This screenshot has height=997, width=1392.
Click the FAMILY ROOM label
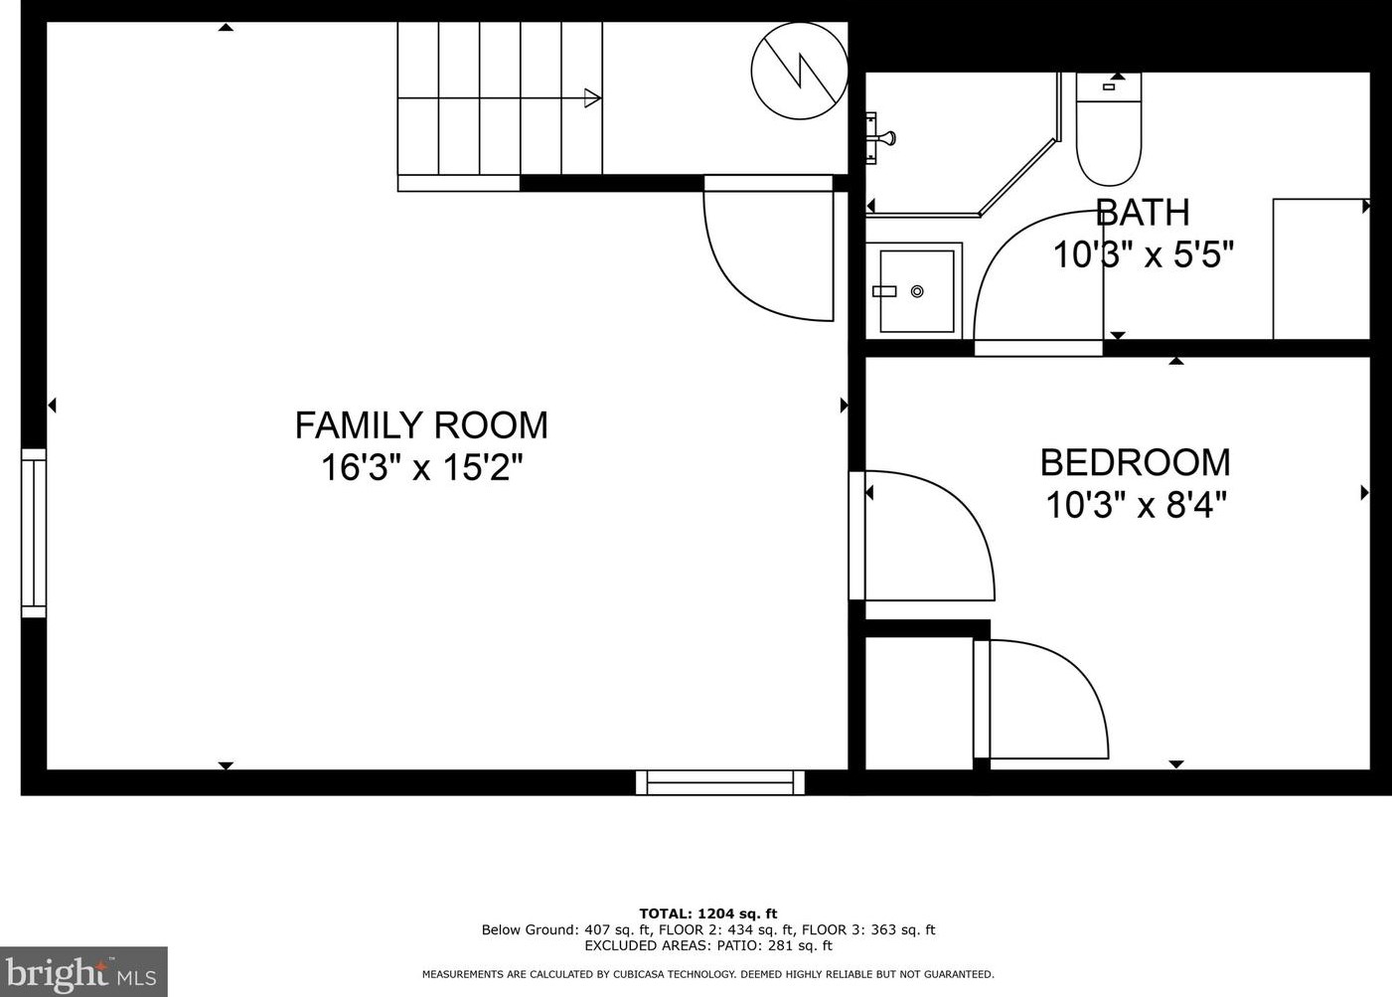click(x=421, y=425)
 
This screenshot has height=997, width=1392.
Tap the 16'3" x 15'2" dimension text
click(x=422, y=467)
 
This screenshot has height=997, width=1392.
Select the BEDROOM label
click(x=1136, y=462)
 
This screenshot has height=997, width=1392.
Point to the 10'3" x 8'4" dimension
click(x=1137, y=504)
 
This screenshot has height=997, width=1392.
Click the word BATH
click(x=1143, y=212)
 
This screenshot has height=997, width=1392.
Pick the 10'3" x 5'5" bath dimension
click(x=1144, y=254)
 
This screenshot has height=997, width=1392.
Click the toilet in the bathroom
click(x=1109, y=128)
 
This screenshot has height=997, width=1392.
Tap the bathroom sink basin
click(x=917, y=291)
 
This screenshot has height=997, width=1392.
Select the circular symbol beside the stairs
click(x=800, y=71)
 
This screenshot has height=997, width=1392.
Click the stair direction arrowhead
click(x=592, y=98)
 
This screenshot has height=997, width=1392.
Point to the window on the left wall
click(x=34, y=534)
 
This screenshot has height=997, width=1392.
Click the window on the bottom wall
click(x=720, y=782)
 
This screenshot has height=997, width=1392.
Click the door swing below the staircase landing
click(x=733, y=273)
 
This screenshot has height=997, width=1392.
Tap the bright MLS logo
click(x=83, y=971)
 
